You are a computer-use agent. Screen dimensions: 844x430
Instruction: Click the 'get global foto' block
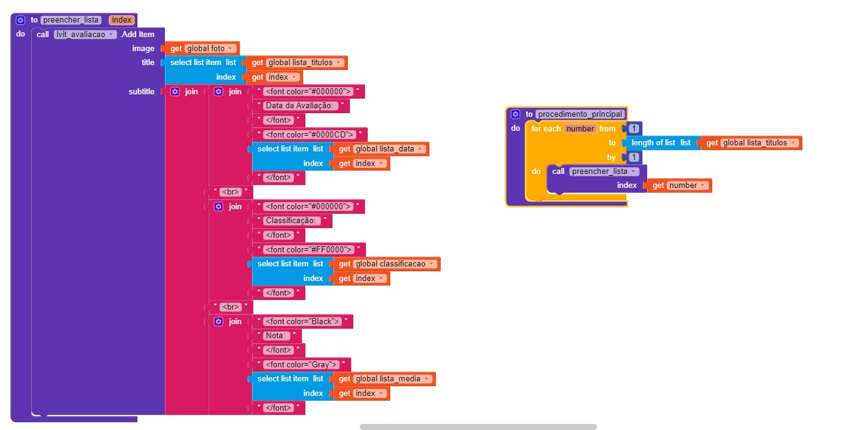tap(202, 48)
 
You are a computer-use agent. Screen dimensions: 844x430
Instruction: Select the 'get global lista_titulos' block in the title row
tap(297, 63)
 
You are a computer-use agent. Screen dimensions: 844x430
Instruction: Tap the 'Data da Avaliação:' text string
tap(300, 105)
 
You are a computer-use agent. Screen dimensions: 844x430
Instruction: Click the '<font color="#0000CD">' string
tap(310, 134)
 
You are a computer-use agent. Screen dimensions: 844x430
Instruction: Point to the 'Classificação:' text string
tap(291, 220)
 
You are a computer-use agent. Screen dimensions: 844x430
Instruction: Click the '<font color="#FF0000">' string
tap(308, 249)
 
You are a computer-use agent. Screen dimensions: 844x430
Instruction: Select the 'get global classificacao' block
tap(387, 264)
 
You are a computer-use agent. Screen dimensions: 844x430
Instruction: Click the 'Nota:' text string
tap(276, 335)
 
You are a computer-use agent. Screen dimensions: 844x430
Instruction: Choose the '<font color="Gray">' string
tap(301, 364)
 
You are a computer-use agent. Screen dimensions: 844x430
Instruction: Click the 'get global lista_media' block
tap(384, 379)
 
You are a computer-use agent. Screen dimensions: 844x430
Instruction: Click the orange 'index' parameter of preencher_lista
tap(122, 20)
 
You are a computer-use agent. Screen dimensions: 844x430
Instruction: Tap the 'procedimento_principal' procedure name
tap(580, 114)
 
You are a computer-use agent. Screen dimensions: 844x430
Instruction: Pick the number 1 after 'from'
tap(634, 128)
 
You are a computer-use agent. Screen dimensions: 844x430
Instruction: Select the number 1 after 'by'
tap(634, 157)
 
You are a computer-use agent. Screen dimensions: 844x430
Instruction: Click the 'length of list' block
tap(662, 143)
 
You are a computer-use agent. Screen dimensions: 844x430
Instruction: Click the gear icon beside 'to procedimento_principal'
tap(516, 114)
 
